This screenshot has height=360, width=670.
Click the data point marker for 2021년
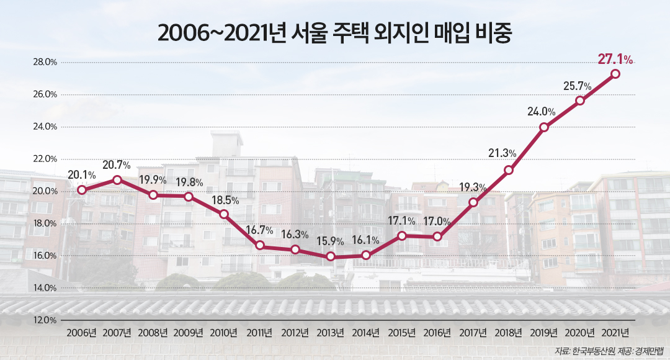[x=615, y=74]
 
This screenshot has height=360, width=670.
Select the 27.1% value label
[x=615, y=60]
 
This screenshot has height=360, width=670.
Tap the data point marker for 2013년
[x=331, y=256]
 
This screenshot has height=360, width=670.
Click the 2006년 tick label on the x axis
[x=81, y=333]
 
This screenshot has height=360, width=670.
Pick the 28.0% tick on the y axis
[x=45, y=62]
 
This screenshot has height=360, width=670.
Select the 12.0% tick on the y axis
[x=45, y=320]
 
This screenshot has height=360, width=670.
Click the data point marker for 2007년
[x=117, y=180]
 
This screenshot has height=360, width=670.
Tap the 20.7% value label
[x=117, y=165]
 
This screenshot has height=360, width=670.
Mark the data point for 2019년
[x=544, y=127]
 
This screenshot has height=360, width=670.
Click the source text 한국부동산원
[x=594, y=351]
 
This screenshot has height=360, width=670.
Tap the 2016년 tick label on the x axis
[x=437, y=333]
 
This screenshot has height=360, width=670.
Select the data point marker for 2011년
[x=260, y=246]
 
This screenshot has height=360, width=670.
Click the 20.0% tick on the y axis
[x=45, y=191]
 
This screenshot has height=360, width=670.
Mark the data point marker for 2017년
[x=473, y=202]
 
